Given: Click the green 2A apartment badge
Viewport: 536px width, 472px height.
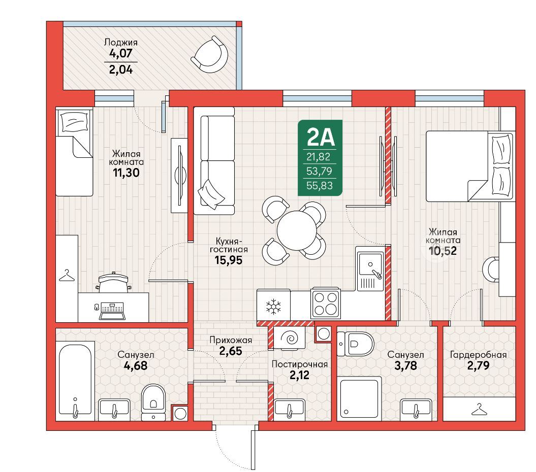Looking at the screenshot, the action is (x=320, y=158).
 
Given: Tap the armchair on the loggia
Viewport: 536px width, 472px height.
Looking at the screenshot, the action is (x=210, y=55).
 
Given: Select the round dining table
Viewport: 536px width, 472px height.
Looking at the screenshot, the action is (x=297, y=231).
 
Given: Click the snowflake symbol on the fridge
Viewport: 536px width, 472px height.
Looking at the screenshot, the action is (x=273, y=307).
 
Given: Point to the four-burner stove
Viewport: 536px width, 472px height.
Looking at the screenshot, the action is (x=326, y=304).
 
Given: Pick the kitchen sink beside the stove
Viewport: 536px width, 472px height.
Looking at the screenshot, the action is (x=370, y=269).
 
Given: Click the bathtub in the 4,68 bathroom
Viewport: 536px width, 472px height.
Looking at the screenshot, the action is (x=75, y=381).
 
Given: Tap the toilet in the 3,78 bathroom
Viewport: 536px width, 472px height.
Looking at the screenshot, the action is (x=356, y=343).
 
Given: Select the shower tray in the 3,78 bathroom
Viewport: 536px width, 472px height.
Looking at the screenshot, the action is (x=359, y=398).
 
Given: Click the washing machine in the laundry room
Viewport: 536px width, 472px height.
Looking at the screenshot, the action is (x=290, y=338).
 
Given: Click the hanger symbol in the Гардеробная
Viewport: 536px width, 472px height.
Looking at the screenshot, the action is (x=479, y=410).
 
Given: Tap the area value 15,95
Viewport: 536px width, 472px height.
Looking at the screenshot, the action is (x=228, y=260).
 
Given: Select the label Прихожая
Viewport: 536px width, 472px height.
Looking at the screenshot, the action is (x=231, y=340).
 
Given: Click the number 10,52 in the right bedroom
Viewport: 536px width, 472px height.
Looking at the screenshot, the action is (x=443, y=251).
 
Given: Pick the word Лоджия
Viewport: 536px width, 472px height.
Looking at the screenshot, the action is (x=121, y=42).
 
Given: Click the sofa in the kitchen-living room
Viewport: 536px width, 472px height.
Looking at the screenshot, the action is (x=214, y=161).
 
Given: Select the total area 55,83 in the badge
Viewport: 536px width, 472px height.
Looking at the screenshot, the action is (x=320, y=185).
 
